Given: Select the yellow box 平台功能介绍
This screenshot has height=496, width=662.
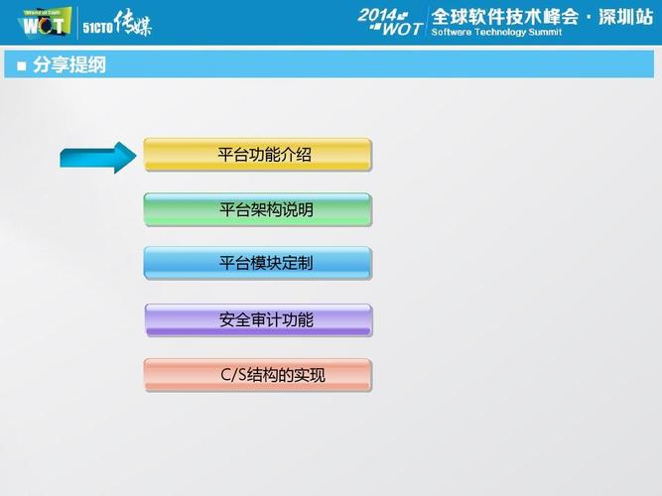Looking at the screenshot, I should [257, 155].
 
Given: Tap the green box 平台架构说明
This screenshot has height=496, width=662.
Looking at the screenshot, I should [257, 209].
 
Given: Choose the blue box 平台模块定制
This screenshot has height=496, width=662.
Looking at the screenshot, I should [257, 264].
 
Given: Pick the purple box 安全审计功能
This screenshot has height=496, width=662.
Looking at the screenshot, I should [257, 319].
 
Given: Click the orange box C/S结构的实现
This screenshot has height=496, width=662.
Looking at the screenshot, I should [257, 375].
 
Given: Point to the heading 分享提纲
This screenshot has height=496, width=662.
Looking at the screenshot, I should [69, 65].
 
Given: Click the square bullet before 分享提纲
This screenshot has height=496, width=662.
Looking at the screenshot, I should [22, 66].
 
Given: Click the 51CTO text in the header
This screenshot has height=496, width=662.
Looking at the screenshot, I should [97, 28].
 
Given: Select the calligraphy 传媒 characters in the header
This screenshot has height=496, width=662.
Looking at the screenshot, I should [133, 23].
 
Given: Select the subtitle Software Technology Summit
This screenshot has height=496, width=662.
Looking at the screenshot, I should [496, 33].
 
